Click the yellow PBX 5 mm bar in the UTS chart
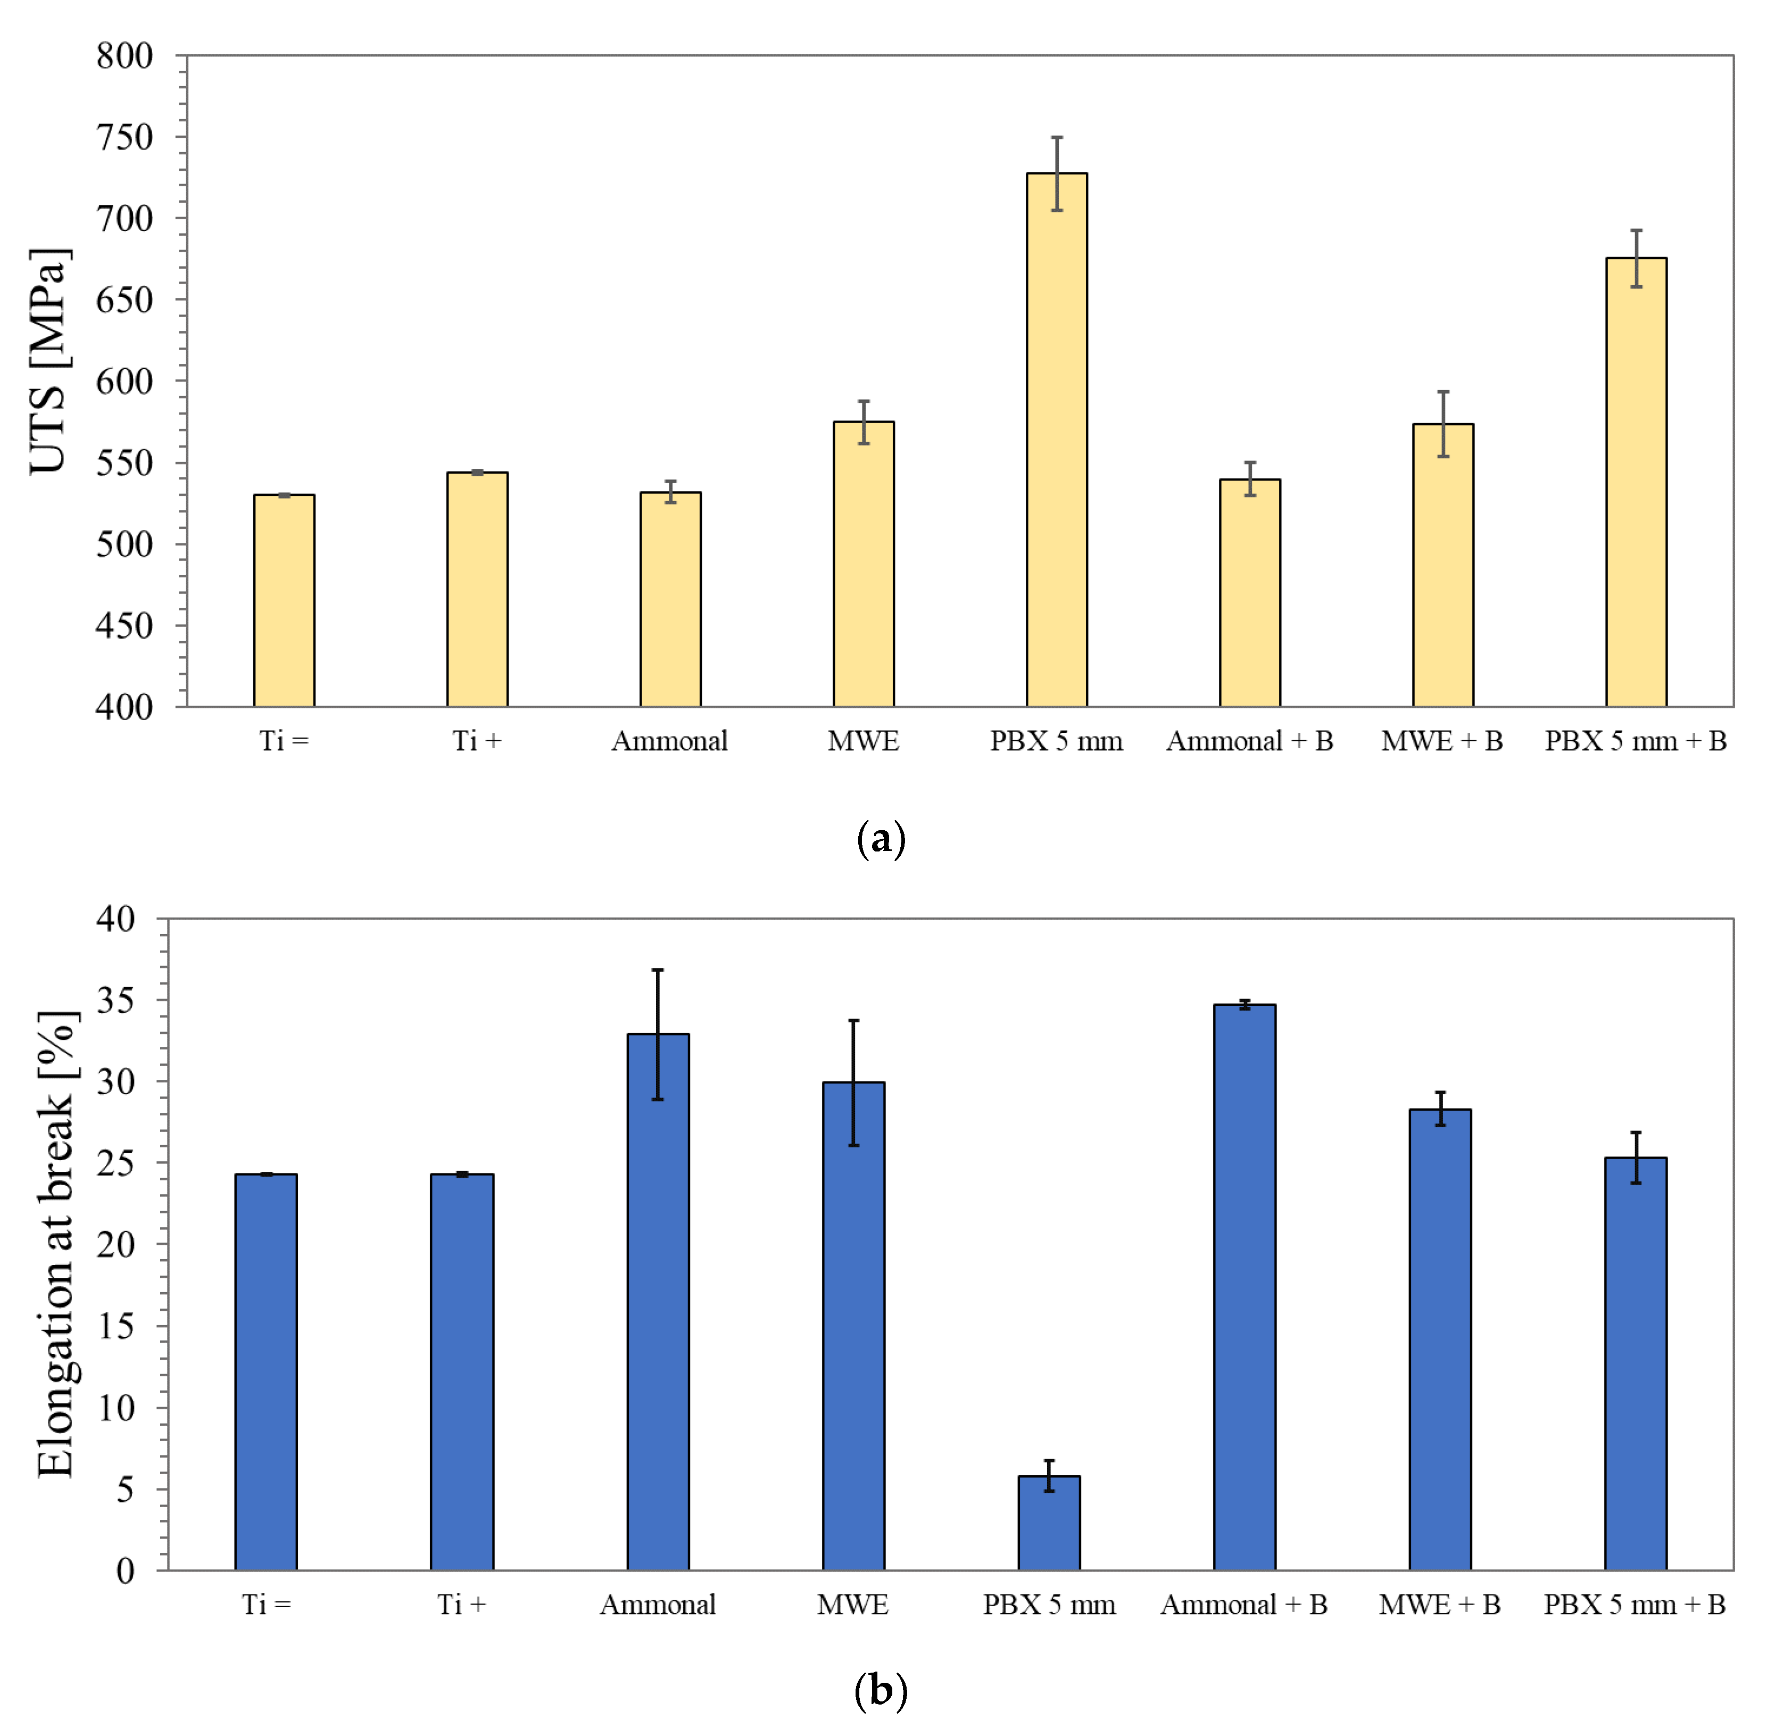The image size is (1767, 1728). coord(1056,440)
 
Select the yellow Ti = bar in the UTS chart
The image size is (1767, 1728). coord(284,601)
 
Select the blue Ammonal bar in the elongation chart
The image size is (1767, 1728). coord(658,1302)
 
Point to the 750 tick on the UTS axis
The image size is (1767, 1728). coord(125,138)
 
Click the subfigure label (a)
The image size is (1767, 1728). coord(881,839)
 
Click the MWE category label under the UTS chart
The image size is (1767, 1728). coord(863,741)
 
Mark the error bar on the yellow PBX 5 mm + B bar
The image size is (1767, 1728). coord(1636,259)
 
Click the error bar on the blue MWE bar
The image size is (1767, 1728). coord(853,1082)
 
